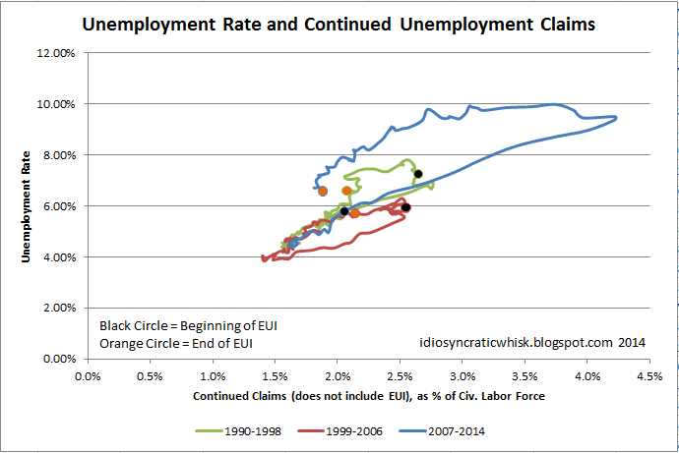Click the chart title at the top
(339, 24)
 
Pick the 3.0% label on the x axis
(463, 374)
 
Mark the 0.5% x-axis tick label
(151, 374)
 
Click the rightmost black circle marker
(418, 174)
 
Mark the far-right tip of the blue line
(616, 118)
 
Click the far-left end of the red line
(263, 258)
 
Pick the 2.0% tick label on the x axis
(338, 374)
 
